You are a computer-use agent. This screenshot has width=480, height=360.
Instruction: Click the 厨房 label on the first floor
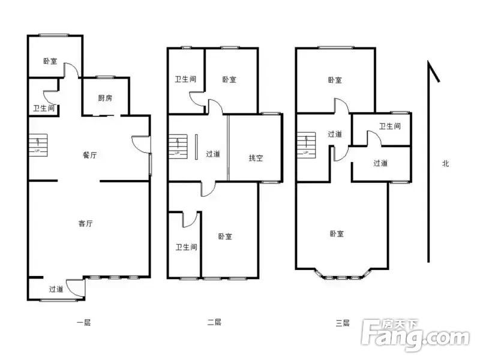105,98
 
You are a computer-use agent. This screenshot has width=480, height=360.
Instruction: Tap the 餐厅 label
89,155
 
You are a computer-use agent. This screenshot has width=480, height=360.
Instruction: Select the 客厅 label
85,223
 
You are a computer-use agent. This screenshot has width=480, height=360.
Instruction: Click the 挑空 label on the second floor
256,158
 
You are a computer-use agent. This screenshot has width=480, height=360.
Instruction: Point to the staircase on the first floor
38,145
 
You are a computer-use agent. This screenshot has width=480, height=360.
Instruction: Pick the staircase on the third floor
306,145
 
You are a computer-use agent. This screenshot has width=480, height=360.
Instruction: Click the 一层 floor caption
83,323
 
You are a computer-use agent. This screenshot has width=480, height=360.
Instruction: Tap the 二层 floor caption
214,322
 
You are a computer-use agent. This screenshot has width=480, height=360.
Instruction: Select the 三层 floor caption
343,323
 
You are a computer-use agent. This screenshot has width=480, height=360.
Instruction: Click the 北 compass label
445,164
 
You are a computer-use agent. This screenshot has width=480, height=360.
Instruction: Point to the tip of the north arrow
428,61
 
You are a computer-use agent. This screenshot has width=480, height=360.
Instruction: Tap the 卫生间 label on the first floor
44,108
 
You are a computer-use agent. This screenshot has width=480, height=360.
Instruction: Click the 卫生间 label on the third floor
389,126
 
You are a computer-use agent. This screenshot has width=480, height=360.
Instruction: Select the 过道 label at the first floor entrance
56,289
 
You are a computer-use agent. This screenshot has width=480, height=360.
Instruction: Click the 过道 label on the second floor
213,154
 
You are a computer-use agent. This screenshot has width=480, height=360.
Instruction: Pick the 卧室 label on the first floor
50,61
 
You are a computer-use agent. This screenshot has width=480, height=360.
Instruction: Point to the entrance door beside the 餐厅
142,144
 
